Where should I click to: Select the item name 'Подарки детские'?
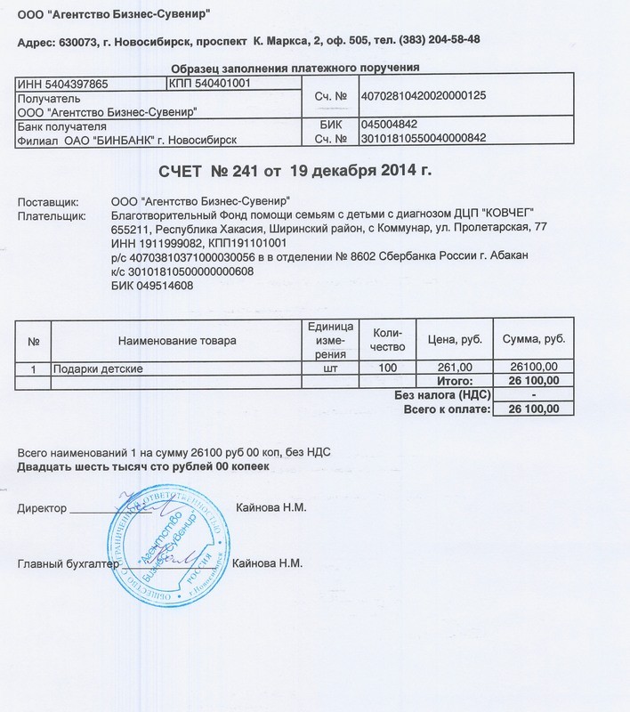(97, 367)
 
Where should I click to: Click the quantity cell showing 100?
(387, 367)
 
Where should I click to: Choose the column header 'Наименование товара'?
(175, 341)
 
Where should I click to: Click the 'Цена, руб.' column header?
(456, 341)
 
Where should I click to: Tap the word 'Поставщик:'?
(48, 202)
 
